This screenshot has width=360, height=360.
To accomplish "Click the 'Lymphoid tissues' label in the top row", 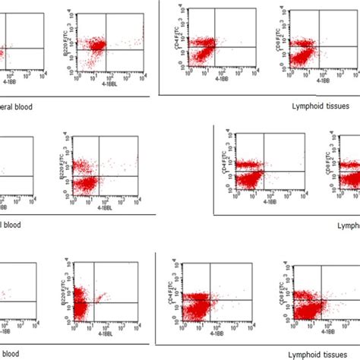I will (x=320, y=106).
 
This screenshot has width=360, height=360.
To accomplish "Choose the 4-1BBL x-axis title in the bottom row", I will (x=106, y=332).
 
